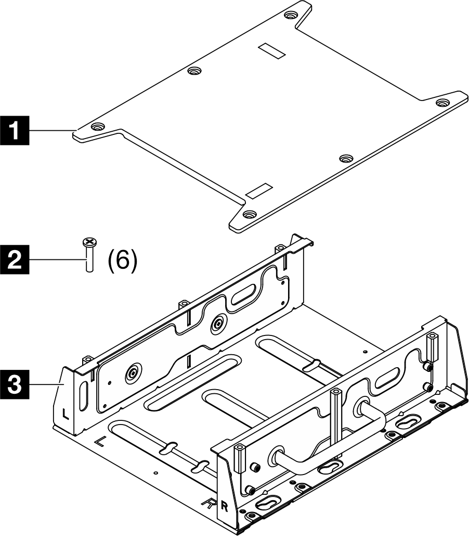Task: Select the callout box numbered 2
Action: coord(15,259)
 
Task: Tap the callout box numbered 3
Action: coord(15,386)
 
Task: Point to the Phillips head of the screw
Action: coord(89,241)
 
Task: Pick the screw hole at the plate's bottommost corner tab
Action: coord(250,214)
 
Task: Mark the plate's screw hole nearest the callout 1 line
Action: coord(97,127)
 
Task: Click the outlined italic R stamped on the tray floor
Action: coord(209,503)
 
